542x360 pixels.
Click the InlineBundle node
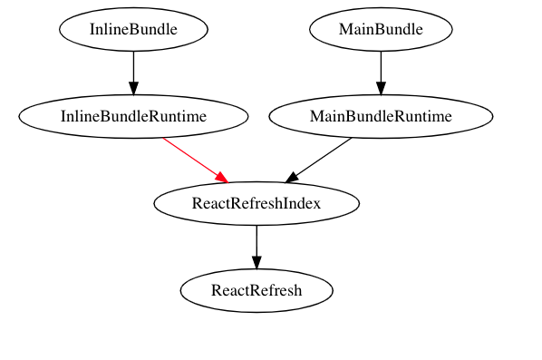(x=133, y=30)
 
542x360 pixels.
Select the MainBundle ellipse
(x=381, y=30)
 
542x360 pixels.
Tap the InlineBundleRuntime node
(x=133, y=117)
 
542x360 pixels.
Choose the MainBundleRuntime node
(x=381, y=117)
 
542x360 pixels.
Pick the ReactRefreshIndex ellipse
(x=256, y=204)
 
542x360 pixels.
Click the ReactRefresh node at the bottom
(x=256, y=291)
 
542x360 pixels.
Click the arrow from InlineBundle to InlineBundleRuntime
(x=133, y=67)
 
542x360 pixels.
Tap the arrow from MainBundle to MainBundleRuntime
(x=381, y=67)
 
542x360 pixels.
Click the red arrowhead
(x=220, y=176)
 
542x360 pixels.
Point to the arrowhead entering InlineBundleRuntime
(x=133, y=87)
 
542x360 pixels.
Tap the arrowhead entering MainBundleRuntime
(x=381, y=87)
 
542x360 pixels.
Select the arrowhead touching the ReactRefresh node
(x=256, y=263)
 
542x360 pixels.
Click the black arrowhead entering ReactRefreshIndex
(x=293, y=176)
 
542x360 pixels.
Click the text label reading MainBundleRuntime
(x=381, y=117)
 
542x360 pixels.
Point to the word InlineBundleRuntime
(x=133, y=117)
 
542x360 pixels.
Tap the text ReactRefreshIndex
(x=256, y=204)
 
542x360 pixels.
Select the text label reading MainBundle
(x=381, y=30)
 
